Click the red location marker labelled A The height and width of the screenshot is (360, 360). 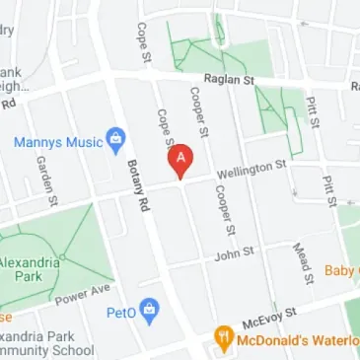(x=180, y=159)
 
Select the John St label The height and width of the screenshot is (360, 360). (x=235, y=253)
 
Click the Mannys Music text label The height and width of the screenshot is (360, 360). (x=57, y=142)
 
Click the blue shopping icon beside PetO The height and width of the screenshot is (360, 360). (x=149, y=311)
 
